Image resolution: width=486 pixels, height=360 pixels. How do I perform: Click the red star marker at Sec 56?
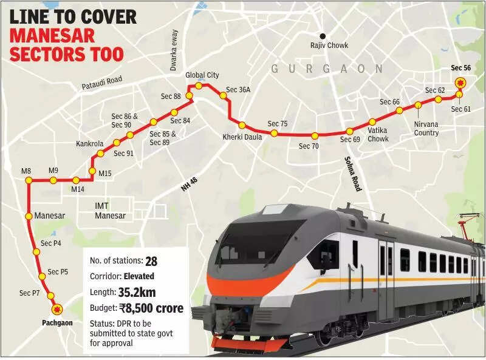460,83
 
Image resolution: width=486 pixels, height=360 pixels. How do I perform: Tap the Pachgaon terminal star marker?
58,309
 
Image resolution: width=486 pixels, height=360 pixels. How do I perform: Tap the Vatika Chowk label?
378,135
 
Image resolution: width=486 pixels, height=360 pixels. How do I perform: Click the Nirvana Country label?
426,128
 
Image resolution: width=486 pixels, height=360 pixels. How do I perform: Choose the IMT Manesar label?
110,211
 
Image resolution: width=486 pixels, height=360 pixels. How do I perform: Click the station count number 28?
151,260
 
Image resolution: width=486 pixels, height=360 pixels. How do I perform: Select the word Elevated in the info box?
142,276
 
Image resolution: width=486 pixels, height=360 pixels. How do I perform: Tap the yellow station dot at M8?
27,180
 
